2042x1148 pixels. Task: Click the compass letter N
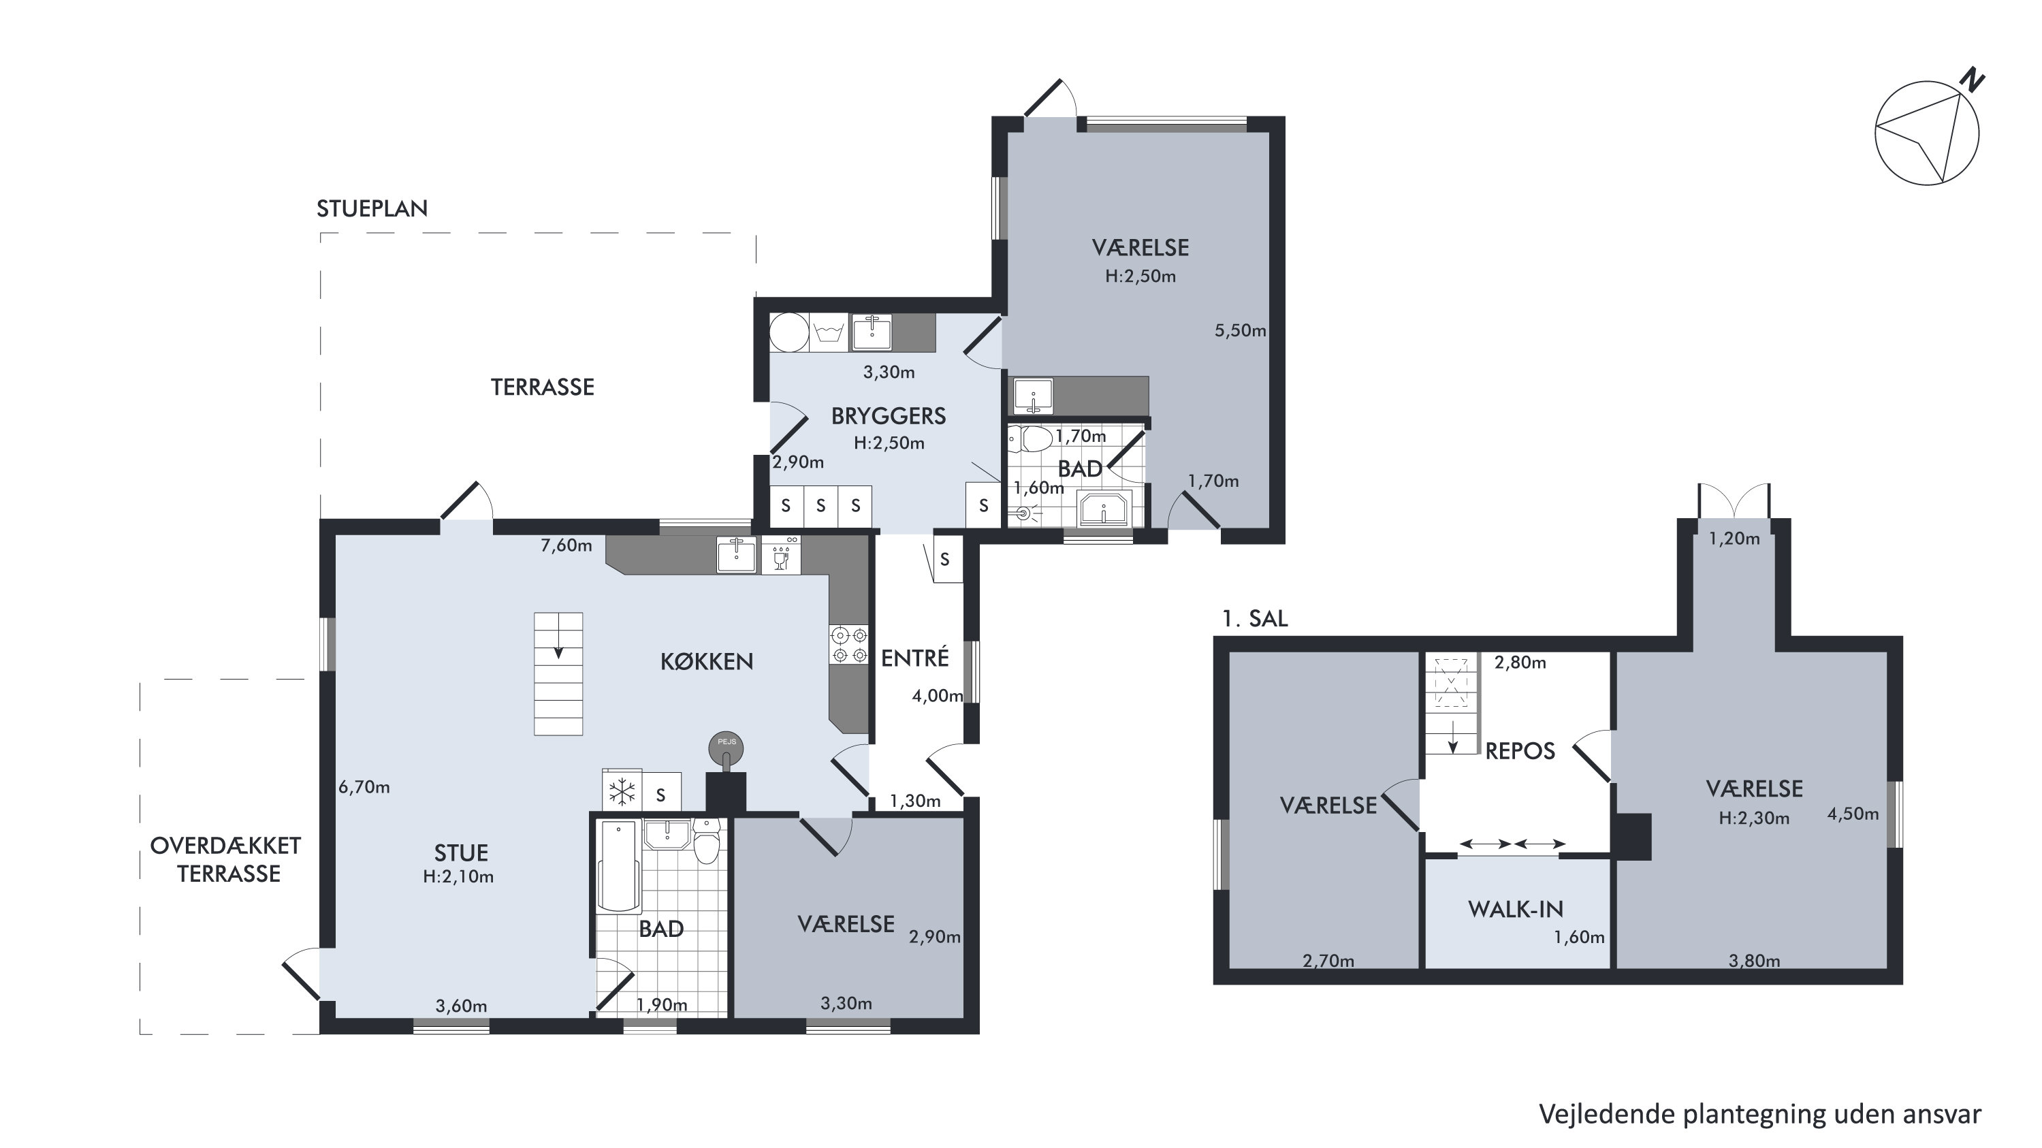tap(1971, 81)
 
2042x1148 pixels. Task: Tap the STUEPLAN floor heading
tap(372, 208)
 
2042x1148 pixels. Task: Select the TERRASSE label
tap(542, 387)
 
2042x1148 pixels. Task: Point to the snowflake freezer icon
tap(622, 791)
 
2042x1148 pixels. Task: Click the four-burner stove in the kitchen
tap(848, 645)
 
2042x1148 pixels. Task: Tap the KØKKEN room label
tap(706, 661)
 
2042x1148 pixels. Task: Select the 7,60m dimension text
tap(566, 545)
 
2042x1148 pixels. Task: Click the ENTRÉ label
tap(914, 657)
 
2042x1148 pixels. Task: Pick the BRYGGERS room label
tap(888, 416)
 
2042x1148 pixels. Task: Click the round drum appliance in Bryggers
tap(788, 332)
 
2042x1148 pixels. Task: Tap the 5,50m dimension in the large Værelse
tap(1240, 331)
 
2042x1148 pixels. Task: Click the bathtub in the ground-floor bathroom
tap(618, 867)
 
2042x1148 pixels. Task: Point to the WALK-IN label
tap(1516, 910)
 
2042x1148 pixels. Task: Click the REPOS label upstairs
tap(1520, 751)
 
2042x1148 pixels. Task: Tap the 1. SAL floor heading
tap(1255, 618)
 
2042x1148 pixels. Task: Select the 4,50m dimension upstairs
tap(1853, 814)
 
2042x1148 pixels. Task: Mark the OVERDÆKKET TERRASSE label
tap(227, 859)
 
